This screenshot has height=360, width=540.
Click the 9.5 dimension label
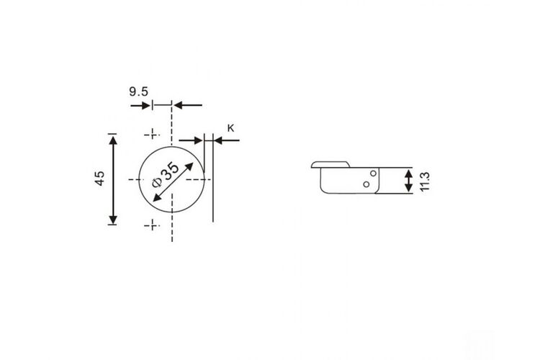tap(138, 91)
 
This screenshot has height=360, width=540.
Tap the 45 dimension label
tap(99, 178)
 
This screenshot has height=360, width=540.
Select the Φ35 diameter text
tap(166, 174)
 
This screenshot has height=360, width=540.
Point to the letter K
tap(230, 128)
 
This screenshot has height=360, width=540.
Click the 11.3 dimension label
tap(425, 181)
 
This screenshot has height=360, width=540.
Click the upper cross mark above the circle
tap(152, 134)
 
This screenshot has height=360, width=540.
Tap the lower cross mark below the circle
tap(152, 225)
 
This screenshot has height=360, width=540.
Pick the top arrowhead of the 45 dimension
tap(113, 141)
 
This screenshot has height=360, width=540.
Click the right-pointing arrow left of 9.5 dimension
tap(140, 105)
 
